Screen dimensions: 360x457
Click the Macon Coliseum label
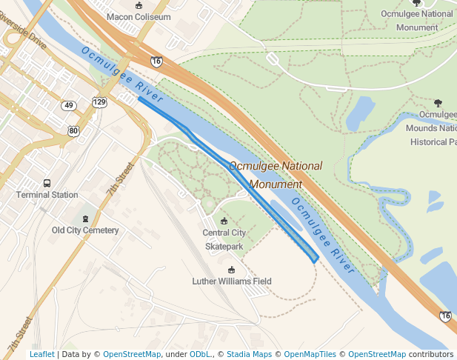[139, 16]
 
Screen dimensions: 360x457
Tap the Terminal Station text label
[47, 195]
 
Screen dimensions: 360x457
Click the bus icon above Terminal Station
[47, 183]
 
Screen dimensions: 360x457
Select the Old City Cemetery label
[85, 230]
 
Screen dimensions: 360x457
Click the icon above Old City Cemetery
[85, 219]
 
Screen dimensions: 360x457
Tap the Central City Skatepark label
[224, 239]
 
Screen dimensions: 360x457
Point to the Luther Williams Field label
[232, 281]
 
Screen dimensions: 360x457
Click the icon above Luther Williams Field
[232, 270]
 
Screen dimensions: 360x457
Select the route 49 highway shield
[69, 106]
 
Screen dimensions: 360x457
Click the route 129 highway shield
[99, 101]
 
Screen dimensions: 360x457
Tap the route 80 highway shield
[73, 131]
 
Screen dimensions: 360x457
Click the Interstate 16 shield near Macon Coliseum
[156, 61]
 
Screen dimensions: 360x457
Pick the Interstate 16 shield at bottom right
[444, 316]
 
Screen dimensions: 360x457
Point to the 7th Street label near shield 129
[119, 178]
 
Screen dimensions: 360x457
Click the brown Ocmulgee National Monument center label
[276, 175]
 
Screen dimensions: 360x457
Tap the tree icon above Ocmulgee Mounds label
[438, 103]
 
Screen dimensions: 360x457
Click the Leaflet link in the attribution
[41, 355]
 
